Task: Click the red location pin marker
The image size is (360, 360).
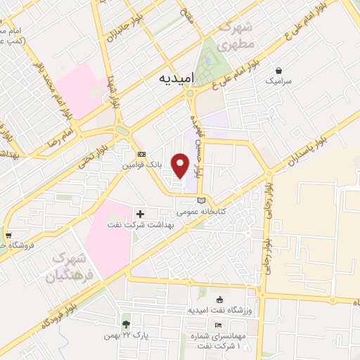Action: tap(181, 165)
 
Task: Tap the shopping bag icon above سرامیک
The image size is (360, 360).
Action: tap(280, 70)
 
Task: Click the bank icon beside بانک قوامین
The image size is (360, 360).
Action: tap(141, 154)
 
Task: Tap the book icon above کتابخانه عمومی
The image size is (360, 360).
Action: tap(202, 200)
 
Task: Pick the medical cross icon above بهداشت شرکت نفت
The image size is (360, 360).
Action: tap(140, 213)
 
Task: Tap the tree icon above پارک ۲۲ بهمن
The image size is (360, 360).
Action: tap(125, 324)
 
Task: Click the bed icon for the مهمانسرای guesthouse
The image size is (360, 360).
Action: tap(218, 324)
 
